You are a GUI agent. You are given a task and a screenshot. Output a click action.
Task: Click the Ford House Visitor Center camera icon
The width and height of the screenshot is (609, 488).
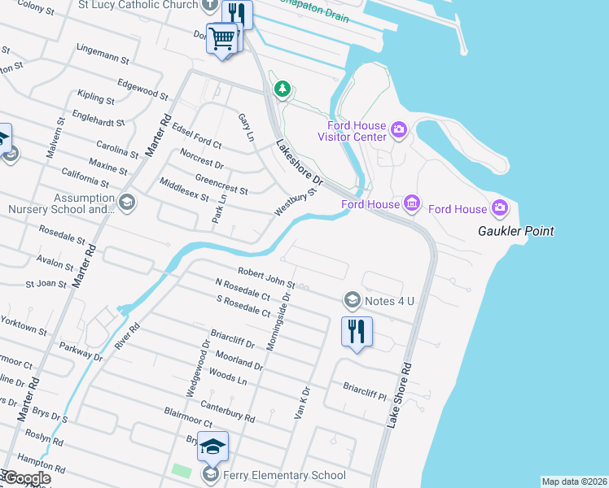click(399, 129)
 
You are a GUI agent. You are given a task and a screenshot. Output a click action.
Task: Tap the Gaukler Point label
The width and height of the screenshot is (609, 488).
click(515, 231)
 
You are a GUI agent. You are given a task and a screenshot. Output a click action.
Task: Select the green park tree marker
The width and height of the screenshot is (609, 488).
click(282, 89)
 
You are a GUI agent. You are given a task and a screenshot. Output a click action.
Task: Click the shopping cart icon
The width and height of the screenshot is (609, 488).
click(222, 38)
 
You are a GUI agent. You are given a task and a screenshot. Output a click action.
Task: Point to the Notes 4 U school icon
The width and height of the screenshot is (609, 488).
click(352, 301)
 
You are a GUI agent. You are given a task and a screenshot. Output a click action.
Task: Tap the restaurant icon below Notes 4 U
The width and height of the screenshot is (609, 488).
click(357, 330)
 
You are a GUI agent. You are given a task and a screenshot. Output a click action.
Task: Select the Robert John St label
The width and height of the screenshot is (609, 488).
click(266, 277)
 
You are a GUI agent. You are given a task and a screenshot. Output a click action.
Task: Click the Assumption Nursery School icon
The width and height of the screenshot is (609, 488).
click(126, 201)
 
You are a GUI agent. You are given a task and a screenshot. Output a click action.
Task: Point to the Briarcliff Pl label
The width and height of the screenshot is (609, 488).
click(364, 391)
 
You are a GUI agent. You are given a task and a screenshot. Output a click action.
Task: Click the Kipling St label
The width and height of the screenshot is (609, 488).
click(97, 98)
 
